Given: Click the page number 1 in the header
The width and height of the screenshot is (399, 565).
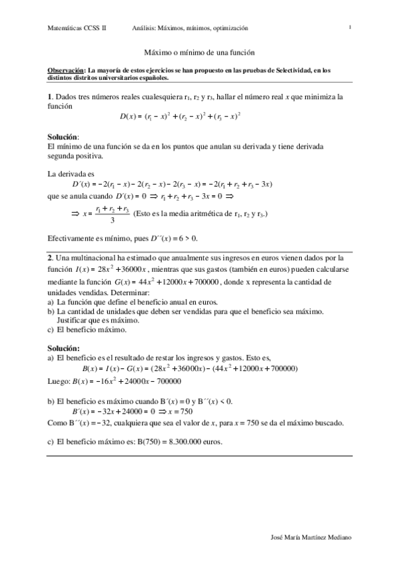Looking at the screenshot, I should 350,27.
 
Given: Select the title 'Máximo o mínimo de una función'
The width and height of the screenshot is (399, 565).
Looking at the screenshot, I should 200,51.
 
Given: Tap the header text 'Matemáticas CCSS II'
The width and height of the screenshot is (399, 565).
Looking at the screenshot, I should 77,28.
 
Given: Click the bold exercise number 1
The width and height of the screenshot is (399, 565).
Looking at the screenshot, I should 50,97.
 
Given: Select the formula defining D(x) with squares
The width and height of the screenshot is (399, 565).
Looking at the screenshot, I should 180,117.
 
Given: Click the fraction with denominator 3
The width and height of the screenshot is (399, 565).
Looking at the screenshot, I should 112,215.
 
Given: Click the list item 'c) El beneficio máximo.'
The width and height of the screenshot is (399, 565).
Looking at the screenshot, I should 87,329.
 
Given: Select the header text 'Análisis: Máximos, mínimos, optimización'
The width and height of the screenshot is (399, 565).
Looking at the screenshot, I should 190,28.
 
